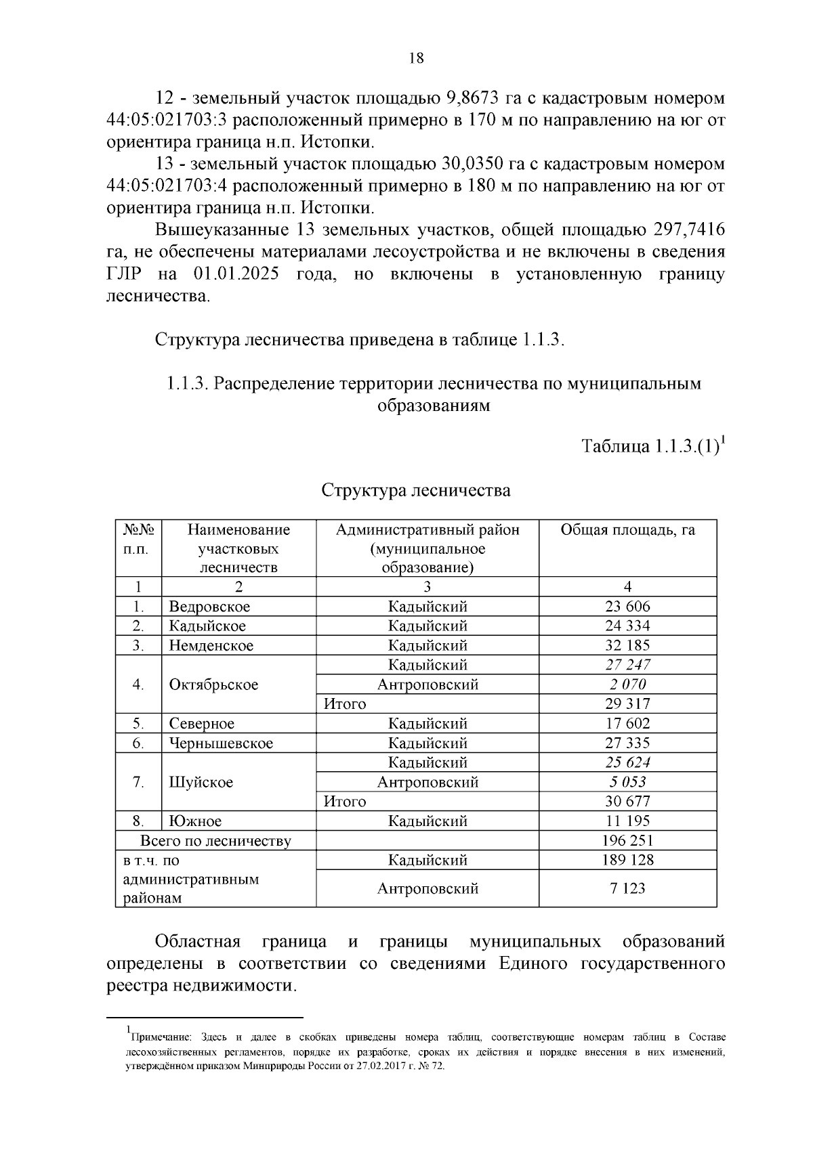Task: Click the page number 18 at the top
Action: pos(416,59)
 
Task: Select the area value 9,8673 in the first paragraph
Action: pos(473,98)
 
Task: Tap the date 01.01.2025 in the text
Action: pos(236,274)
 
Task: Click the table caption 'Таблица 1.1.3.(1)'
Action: pos(650,448)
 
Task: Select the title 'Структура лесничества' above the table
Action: pos(415,490)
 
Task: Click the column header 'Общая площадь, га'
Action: pos(627,530)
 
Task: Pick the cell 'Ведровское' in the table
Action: pos(209,607)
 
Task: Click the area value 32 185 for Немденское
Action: pos(627,645)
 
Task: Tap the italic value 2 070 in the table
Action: pos(627,685)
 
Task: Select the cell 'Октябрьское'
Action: pos(213,685)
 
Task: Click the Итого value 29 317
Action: pos(627,704)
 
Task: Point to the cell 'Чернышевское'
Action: pos(221,743)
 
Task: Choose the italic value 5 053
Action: pos(627,782)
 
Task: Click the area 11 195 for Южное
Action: pos(627,821)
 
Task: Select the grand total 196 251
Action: pos(627,841)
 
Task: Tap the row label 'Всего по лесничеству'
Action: pos(215,841)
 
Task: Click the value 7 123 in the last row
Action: pos(627,888)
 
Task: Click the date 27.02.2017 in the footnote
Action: pos(385,1066)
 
